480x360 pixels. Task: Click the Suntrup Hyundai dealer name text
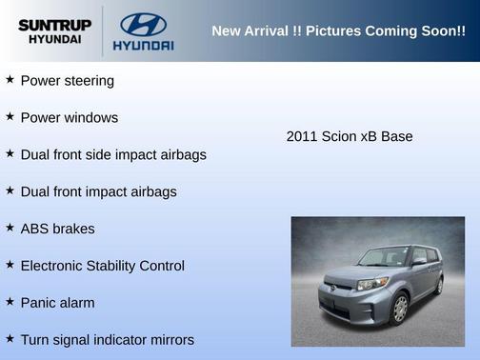[x=54, y=31]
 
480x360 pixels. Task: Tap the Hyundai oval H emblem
[x=143, y=23]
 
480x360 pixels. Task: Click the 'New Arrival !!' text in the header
[x=251, y=30]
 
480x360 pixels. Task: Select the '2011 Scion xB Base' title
[x=350, y=136]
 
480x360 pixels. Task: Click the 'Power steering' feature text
[x=67, y=81]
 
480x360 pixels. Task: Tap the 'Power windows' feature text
[x=70, y=118]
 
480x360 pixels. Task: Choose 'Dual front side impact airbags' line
[x=113, y=154]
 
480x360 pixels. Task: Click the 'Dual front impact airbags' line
[x=98, y=191]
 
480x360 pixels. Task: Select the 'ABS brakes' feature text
[x=57, y=229]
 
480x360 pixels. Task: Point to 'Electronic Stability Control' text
[x=102, y=266]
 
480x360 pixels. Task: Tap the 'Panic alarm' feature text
[x=58, y=303]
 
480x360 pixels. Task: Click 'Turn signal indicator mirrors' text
[x=107, y=340]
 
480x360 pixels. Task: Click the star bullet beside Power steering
[x=10, y=80]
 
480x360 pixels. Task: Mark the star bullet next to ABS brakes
[x=10, y=228]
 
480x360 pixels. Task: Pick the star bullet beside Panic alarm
[x=10, y=302]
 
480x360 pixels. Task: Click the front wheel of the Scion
[x=400, y=308]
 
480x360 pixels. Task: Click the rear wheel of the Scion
[x=439, y=284]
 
